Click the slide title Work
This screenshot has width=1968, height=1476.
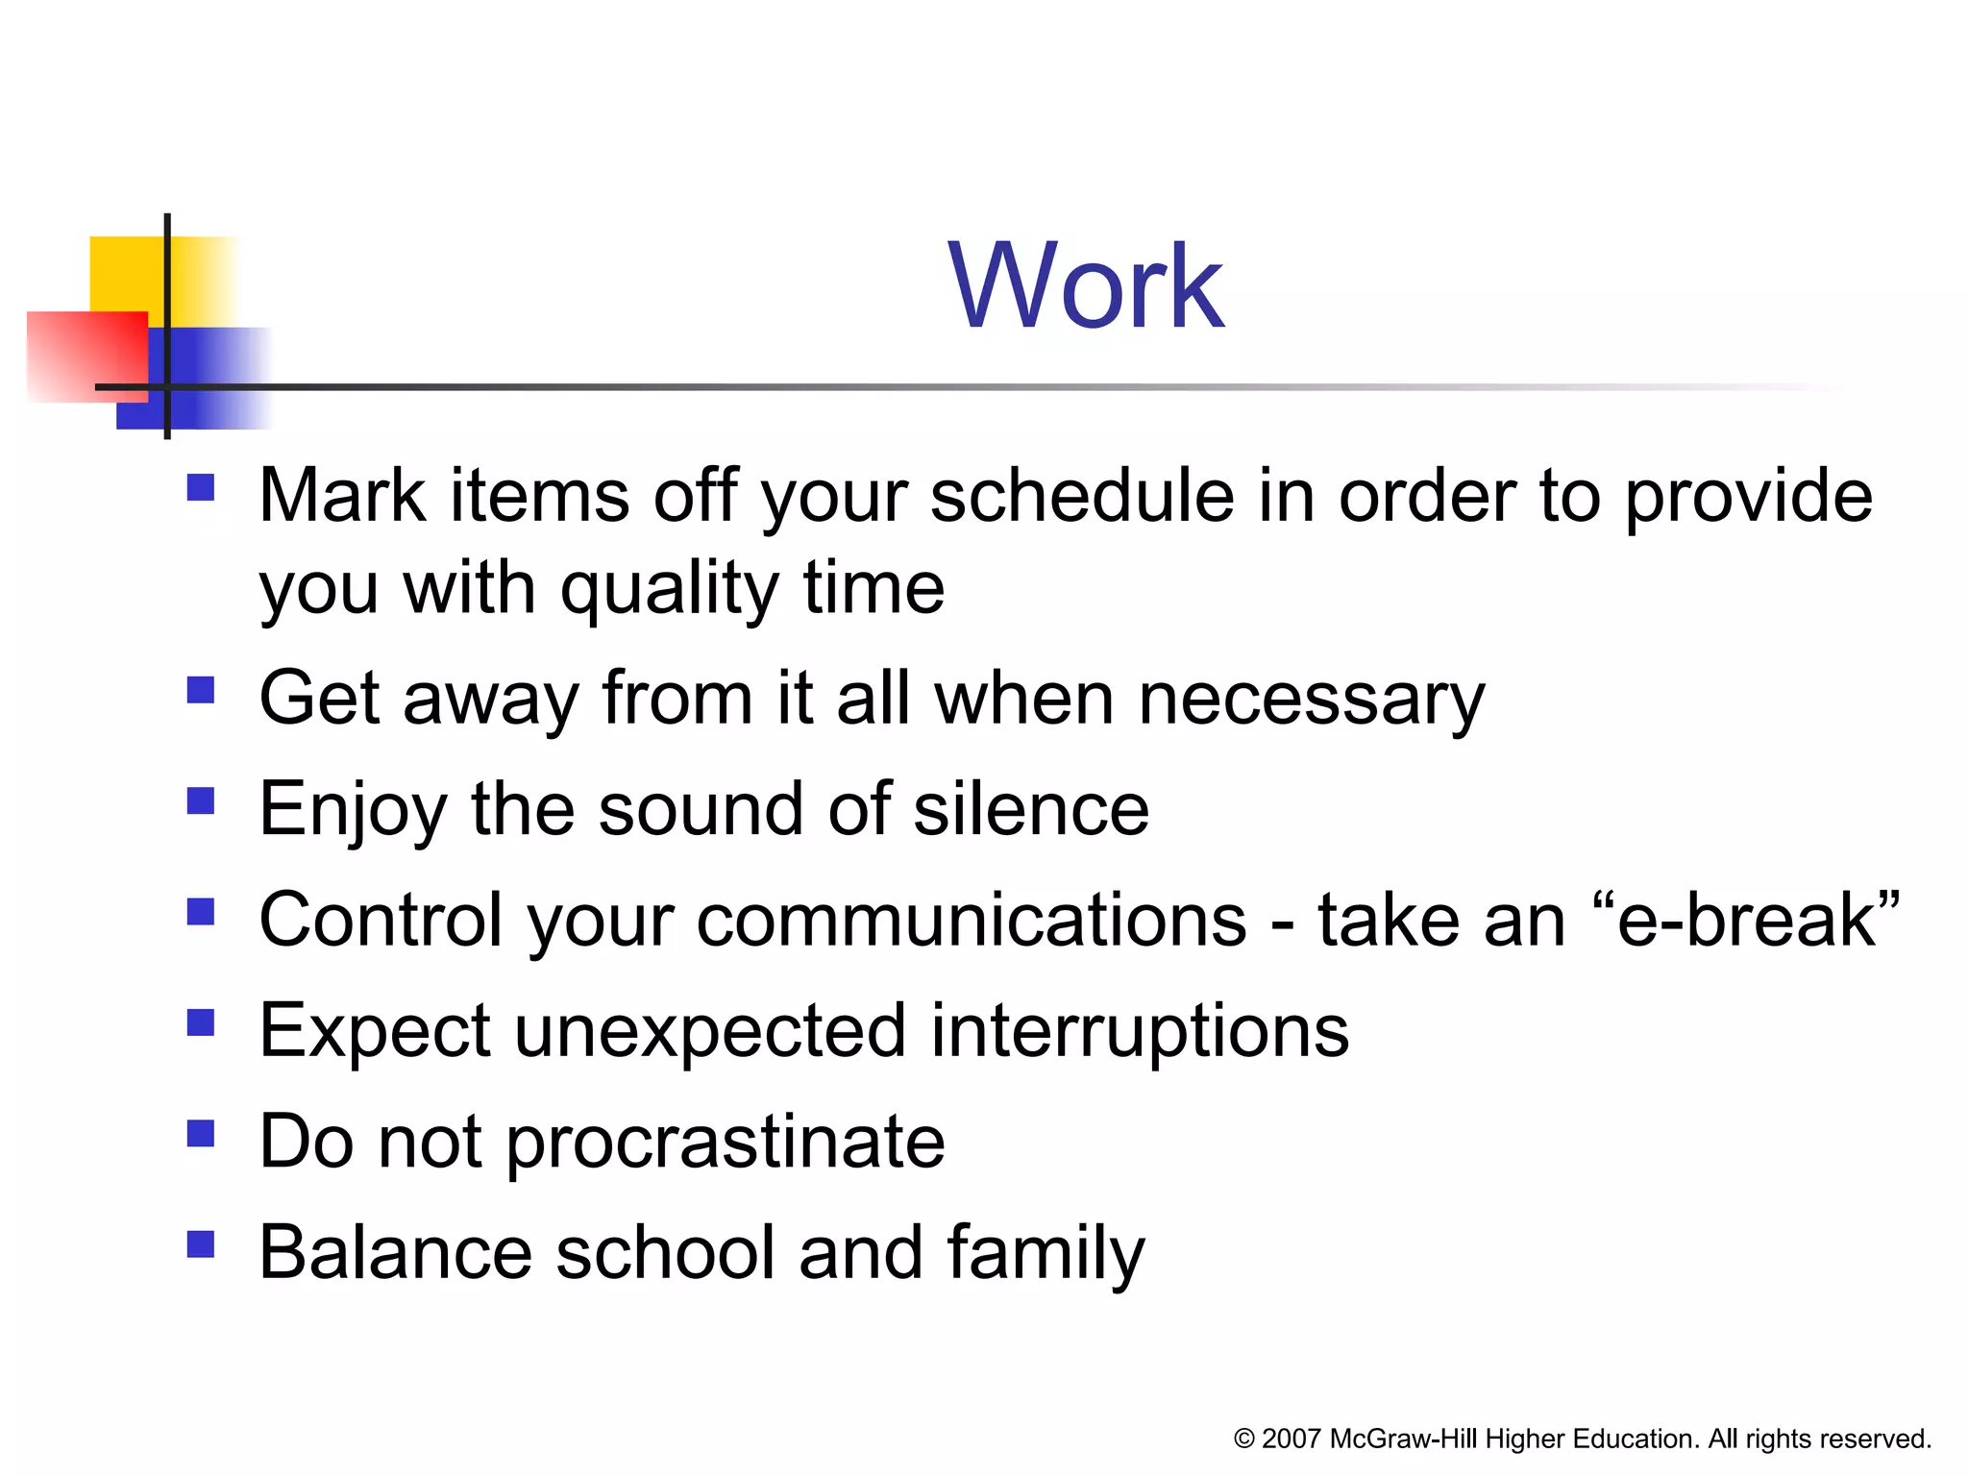coord(1085,286)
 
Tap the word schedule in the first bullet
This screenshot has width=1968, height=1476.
coord(1081,497)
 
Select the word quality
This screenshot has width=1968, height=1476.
coord(669,589)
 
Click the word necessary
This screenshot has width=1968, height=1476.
coord(1311,700)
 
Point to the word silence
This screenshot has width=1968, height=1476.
coord(1030,810)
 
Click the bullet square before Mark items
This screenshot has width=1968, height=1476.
coord(200,487)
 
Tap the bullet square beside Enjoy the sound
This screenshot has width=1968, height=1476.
coord(200,800)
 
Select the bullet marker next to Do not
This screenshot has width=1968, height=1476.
coord(200,1134)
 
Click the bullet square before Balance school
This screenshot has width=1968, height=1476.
coord(200,1244)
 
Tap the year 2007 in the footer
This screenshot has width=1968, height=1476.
coord(1291,1439)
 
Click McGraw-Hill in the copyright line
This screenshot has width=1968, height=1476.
coord(1404,1439)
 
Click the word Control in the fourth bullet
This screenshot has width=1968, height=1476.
coord(381,921)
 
